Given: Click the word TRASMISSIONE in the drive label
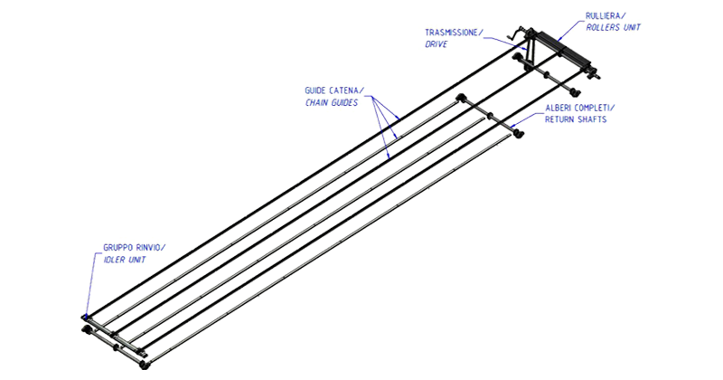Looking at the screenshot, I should pyautogui.click(x=453, y=33).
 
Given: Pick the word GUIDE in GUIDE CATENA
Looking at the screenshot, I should pyautogui.click(x=320, y=90).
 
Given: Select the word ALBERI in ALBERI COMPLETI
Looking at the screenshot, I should pyautogui.click(x=559, y=109).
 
